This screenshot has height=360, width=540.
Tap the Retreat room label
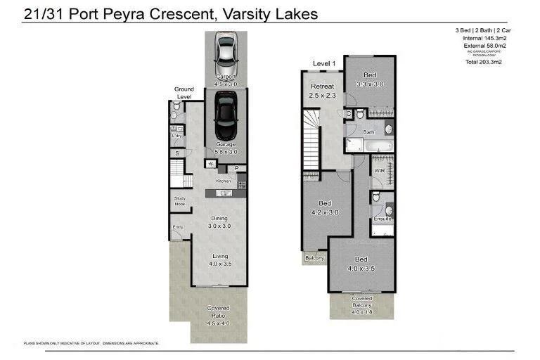tap(323, 91)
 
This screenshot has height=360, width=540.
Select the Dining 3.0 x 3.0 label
tap(219, 221)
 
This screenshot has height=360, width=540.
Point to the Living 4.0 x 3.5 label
tap(219, 259)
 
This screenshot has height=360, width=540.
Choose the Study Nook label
tap(180, 201)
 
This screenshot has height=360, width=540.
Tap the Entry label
tap(177, 227)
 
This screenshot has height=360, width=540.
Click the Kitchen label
tap(223, 181)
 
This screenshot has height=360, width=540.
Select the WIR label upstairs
tap(379, 171)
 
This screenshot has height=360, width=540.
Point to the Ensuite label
tap(382, 219)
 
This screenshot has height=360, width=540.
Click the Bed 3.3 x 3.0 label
tap(370, 79)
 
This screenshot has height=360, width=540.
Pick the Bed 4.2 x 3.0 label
tap(325, 207)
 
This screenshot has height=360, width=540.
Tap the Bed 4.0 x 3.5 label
tap(360, 264)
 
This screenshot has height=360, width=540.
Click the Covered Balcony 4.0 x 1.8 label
tap(362, 302)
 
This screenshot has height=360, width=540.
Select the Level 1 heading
tap(324, 64)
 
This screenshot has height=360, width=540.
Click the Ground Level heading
tap(184, 93)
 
